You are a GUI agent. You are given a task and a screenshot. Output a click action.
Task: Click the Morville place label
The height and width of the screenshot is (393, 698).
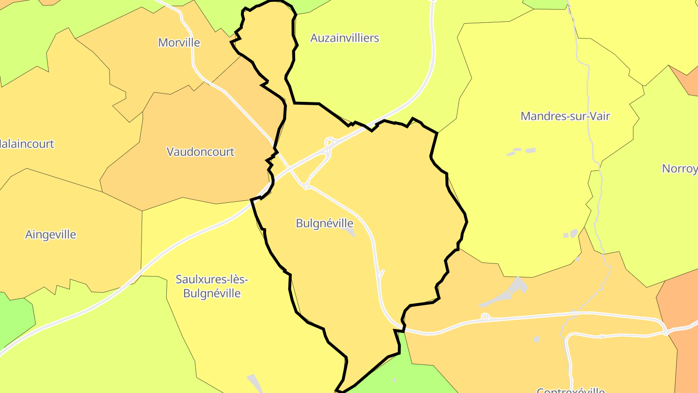coord(179,43)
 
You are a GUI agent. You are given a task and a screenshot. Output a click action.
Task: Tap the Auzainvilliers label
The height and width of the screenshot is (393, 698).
coord(345,38)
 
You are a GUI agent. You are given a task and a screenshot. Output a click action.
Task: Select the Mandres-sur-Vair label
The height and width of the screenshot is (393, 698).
coord(565,116)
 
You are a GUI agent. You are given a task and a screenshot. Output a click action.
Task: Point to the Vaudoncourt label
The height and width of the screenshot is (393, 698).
coord(200,152)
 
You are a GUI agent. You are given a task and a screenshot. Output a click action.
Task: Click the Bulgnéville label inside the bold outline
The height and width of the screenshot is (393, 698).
coord(324,223)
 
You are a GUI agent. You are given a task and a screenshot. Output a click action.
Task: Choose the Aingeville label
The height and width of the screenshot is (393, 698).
coord(50,235)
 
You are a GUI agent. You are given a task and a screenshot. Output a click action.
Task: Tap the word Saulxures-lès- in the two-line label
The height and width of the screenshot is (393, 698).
coord(212,279)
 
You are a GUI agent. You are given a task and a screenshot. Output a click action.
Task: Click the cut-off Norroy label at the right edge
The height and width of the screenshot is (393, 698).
coord(680,169)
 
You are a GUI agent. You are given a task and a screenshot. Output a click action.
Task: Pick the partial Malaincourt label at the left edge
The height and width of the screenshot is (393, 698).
coord(27,144)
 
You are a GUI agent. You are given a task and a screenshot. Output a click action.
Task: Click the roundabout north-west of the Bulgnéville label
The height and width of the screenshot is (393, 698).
coord(306,186)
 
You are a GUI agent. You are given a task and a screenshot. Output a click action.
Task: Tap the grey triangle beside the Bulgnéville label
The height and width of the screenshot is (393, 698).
coord(350,231)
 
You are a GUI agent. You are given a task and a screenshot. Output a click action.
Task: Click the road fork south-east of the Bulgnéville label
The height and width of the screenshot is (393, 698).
coord(381,275)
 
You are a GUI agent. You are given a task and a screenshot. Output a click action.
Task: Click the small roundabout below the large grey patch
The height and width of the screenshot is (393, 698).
coord(484,317)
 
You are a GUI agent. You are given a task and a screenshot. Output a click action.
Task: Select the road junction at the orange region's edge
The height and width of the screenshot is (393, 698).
coord(666,332)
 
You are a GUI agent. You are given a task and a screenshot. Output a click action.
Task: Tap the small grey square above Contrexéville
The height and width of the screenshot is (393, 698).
coord(536,339)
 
